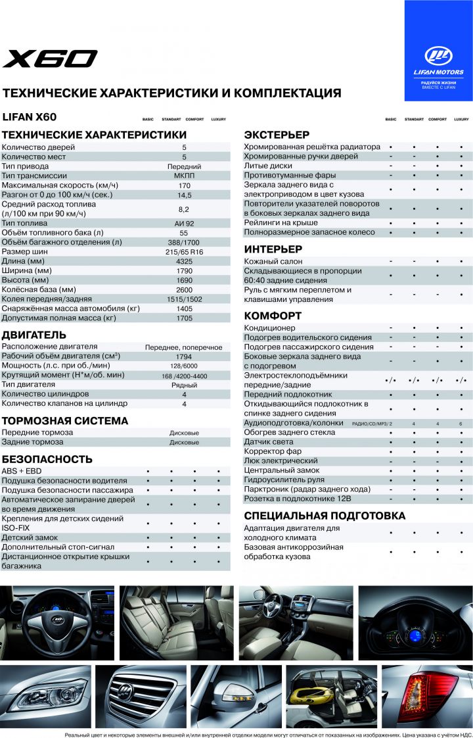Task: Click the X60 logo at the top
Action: [50, 59]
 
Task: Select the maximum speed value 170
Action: [184, 185]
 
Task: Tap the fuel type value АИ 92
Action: [184, 224]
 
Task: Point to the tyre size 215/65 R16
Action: [184, 252]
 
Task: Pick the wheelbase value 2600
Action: [184, 290]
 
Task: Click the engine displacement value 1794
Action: [184, 357]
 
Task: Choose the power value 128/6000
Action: [184, 366]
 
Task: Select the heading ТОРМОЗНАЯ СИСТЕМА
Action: [65, 421]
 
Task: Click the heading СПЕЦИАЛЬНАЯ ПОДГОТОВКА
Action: [325, 516]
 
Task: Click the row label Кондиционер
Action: [270, 328]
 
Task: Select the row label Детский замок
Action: [30, 537]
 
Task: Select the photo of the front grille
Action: [141, 696]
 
